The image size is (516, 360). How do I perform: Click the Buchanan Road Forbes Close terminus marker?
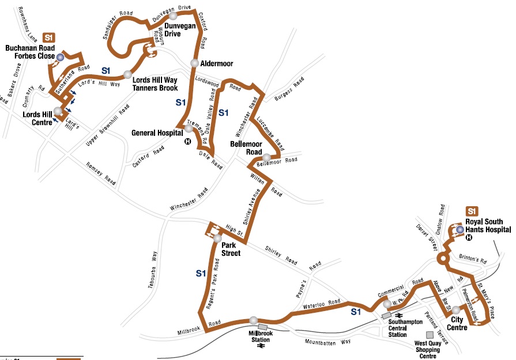coord(60,56)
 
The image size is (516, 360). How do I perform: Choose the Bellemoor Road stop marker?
coord(266,157)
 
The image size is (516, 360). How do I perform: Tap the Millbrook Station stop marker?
coord(254,320)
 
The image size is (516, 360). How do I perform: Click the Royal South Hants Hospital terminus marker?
coord(459,230)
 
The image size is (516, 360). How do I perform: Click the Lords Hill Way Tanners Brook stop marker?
coord(127,75)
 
